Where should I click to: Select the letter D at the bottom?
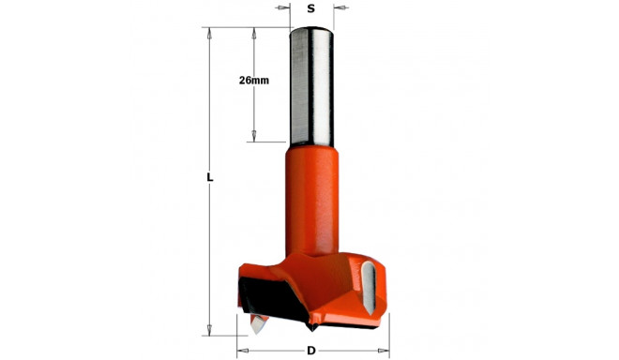pyautogui.click(x=310, y=351)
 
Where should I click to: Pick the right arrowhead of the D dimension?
pyautogui.click(x=382, y=351)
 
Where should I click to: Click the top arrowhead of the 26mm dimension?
pyautogui.click(x=254, y=33)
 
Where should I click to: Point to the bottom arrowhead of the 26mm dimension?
pyautogui.click(x=254, y=137)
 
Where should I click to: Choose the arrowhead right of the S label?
pyautogui.click(x=338, y=8)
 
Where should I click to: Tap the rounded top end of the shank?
pyautogui.click(x=309, y=30)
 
